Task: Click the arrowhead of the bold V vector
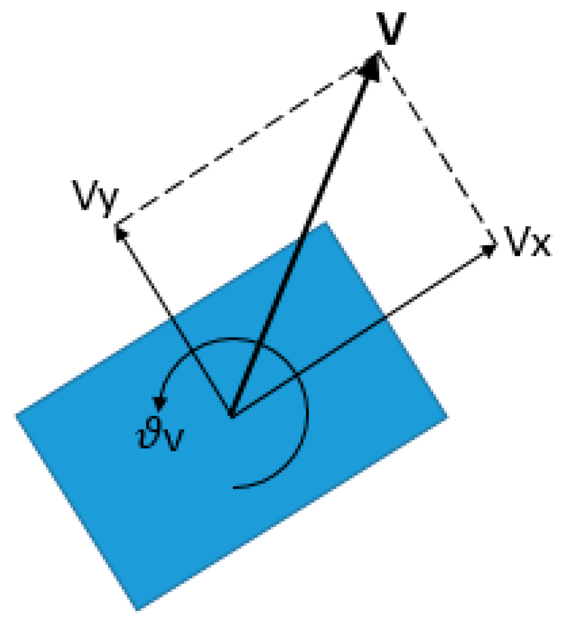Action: (x=372, y=64)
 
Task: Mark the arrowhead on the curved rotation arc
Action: (x=159, y=404)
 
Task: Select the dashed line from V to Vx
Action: (x=437, y=148)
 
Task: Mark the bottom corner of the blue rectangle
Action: (x=137, y=609)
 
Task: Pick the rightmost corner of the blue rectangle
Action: (x=446, y=417)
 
